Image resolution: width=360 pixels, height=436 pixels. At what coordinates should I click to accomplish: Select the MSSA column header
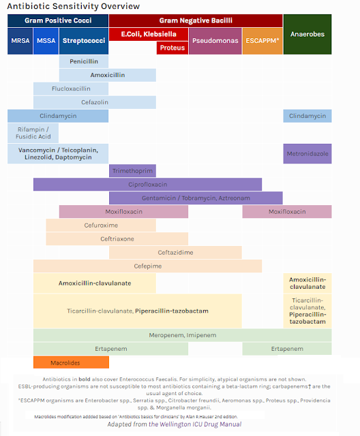pos(46,41)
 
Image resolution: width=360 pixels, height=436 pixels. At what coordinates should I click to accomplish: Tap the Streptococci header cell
pos(84,41)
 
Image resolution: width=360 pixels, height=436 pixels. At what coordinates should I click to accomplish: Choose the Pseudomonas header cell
pos(215,41)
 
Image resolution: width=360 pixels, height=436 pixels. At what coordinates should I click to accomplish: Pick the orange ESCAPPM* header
pos(261,41)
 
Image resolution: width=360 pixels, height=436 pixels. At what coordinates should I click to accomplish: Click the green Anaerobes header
pos(307,34)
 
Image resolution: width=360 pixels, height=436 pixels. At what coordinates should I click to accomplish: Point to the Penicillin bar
pos(83,61)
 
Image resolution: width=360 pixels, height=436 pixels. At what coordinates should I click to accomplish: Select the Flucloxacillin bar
pos(71,89)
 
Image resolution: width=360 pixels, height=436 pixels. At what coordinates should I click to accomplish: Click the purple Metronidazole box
pos(307,153)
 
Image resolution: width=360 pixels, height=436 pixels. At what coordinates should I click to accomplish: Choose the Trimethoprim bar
pos(132,170)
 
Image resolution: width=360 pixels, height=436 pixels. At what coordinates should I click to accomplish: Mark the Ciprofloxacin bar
pos(147,184)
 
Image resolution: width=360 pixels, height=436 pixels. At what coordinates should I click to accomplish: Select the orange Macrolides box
pos(61,362)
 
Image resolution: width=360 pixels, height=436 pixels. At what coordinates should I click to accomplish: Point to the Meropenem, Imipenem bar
pos(182,335)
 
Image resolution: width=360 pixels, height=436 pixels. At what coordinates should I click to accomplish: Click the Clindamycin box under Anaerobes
pos(307,116)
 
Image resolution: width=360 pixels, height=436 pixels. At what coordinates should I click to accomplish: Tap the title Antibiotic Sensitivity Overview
pos(74,6)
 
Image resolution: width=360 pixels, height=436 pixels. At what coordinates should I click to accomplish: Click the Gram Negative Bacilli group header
pos(196,20)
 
